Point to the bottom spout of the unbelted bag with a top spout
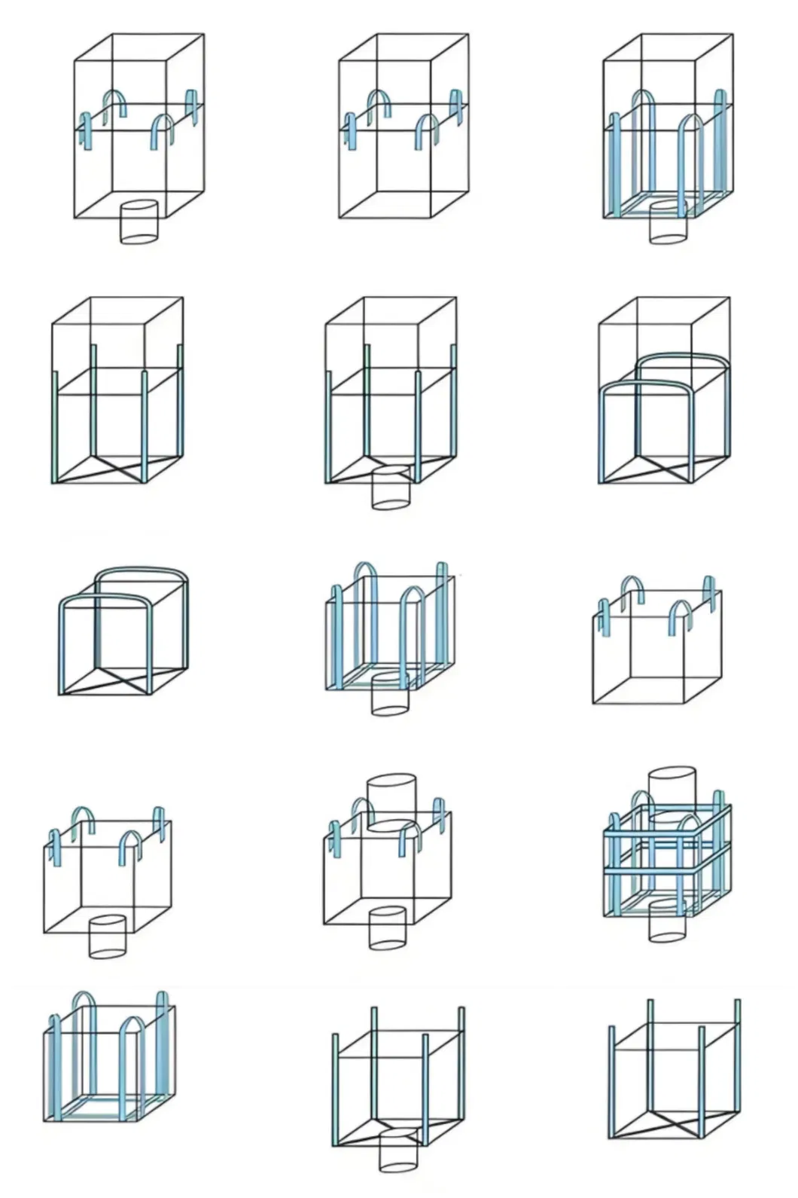(388, 928)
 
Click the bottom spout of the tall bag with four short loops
(139, 222)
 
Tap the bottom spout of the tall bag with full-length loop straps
(669, 224)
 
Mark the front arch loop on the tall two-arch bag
(647, 386)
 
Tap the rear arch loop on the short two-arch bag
(143, 573)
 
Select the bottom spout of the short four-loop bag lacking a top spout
(107, 937)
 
